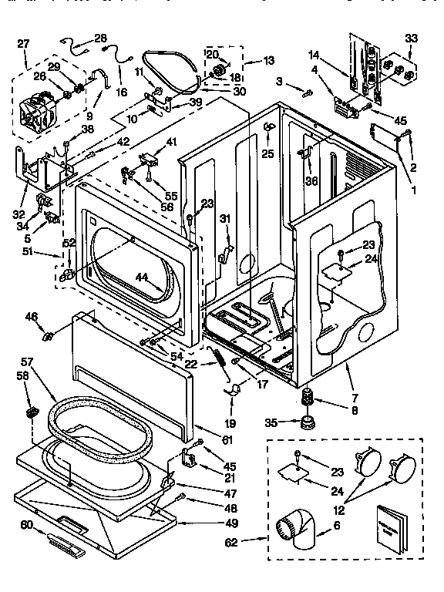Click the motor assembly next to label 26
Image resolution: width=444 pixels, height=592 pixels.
pyautogui.click(x=41, y=111)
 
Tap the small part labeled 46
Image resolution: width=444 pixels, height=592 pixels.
pyautogui.click(x=49, y=335)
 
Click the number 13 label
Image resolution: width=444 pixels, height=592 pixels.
pyautogui.click(x=270, y=61)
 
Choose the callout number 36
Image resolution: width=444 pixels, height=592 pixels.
pyautogui.click(x=311, y=182)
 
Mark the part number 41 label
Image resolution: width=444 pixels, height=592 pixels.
pyautogui.click(x=171, y=141)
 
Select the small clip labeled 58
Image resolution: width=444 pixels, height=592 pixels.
pyautogui.click(x=33, y=414)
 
